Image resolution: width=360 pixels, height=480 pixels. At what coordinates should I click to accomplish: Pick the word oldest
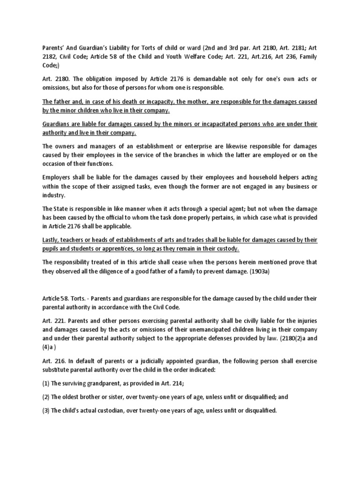point(74,396)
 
